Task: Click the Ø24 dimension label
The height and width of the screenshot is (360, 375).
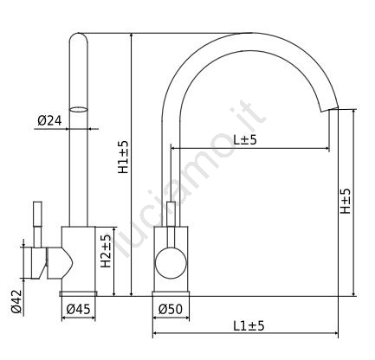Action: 49,120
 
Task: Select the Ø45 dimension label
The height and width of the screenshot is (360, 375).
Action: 78,309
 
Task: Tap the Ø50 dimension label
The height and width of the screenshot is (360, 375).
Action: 171,309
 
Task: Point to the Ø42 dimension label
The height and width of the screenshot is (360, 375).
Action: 16,301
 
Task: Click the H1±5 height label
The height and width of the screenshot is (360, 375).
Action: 123,157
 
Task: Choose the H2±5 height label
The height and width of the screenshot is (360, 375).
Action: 106,251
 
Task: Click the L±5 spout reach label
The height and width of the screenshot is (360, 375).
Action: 245,140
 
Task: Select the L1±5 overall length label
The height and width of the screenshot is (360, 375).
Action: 249,326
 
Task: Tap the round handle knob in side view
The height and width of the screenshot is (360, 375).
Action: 171,263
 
